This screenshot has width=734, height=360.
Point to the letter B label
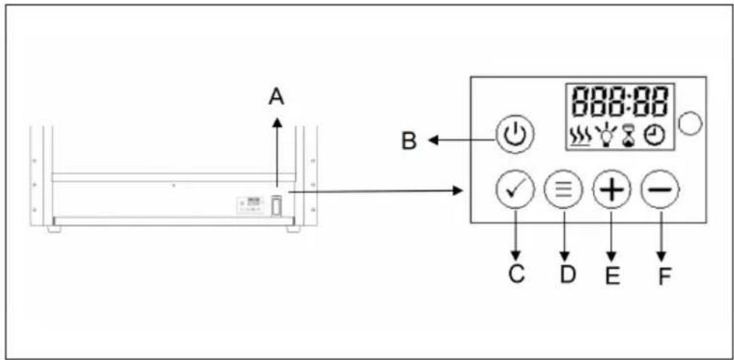click(409, 140)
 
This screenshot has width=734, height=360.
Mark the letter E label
click(613, 275)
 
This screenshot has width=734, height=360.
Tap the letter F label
click(663, 275)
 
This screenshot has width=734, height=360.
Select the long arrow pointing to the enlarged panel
click(376, 191)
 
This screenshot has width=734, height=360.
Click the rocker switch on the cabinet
click(276, 206)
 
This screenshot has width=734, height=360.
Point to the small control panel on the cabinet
click(251, 205)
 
